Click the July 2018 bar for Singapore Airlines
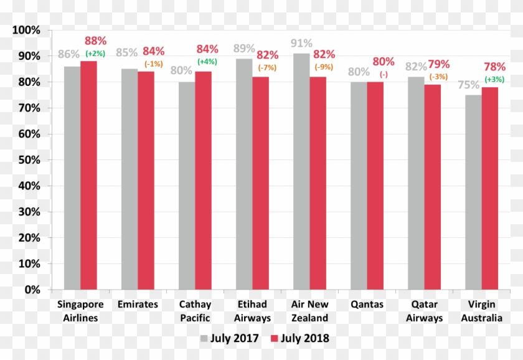point(88,175)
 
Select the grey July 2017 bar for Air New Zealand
point(301,171)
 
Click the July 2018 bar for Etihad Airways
point(260,183)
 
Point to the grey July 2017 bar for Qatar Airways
point(415,183)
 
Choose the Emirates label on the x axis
point(138,305)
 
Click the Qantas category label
point(367,305)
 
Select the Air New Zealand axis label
point(309,311)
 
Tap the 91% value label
point(302,44)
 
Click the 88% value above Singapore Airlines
point(96,41)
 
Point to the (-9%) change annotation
point(324,67)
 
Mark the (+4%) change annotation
point(207,62)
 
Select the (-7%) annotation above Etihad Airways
point(267,67)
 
